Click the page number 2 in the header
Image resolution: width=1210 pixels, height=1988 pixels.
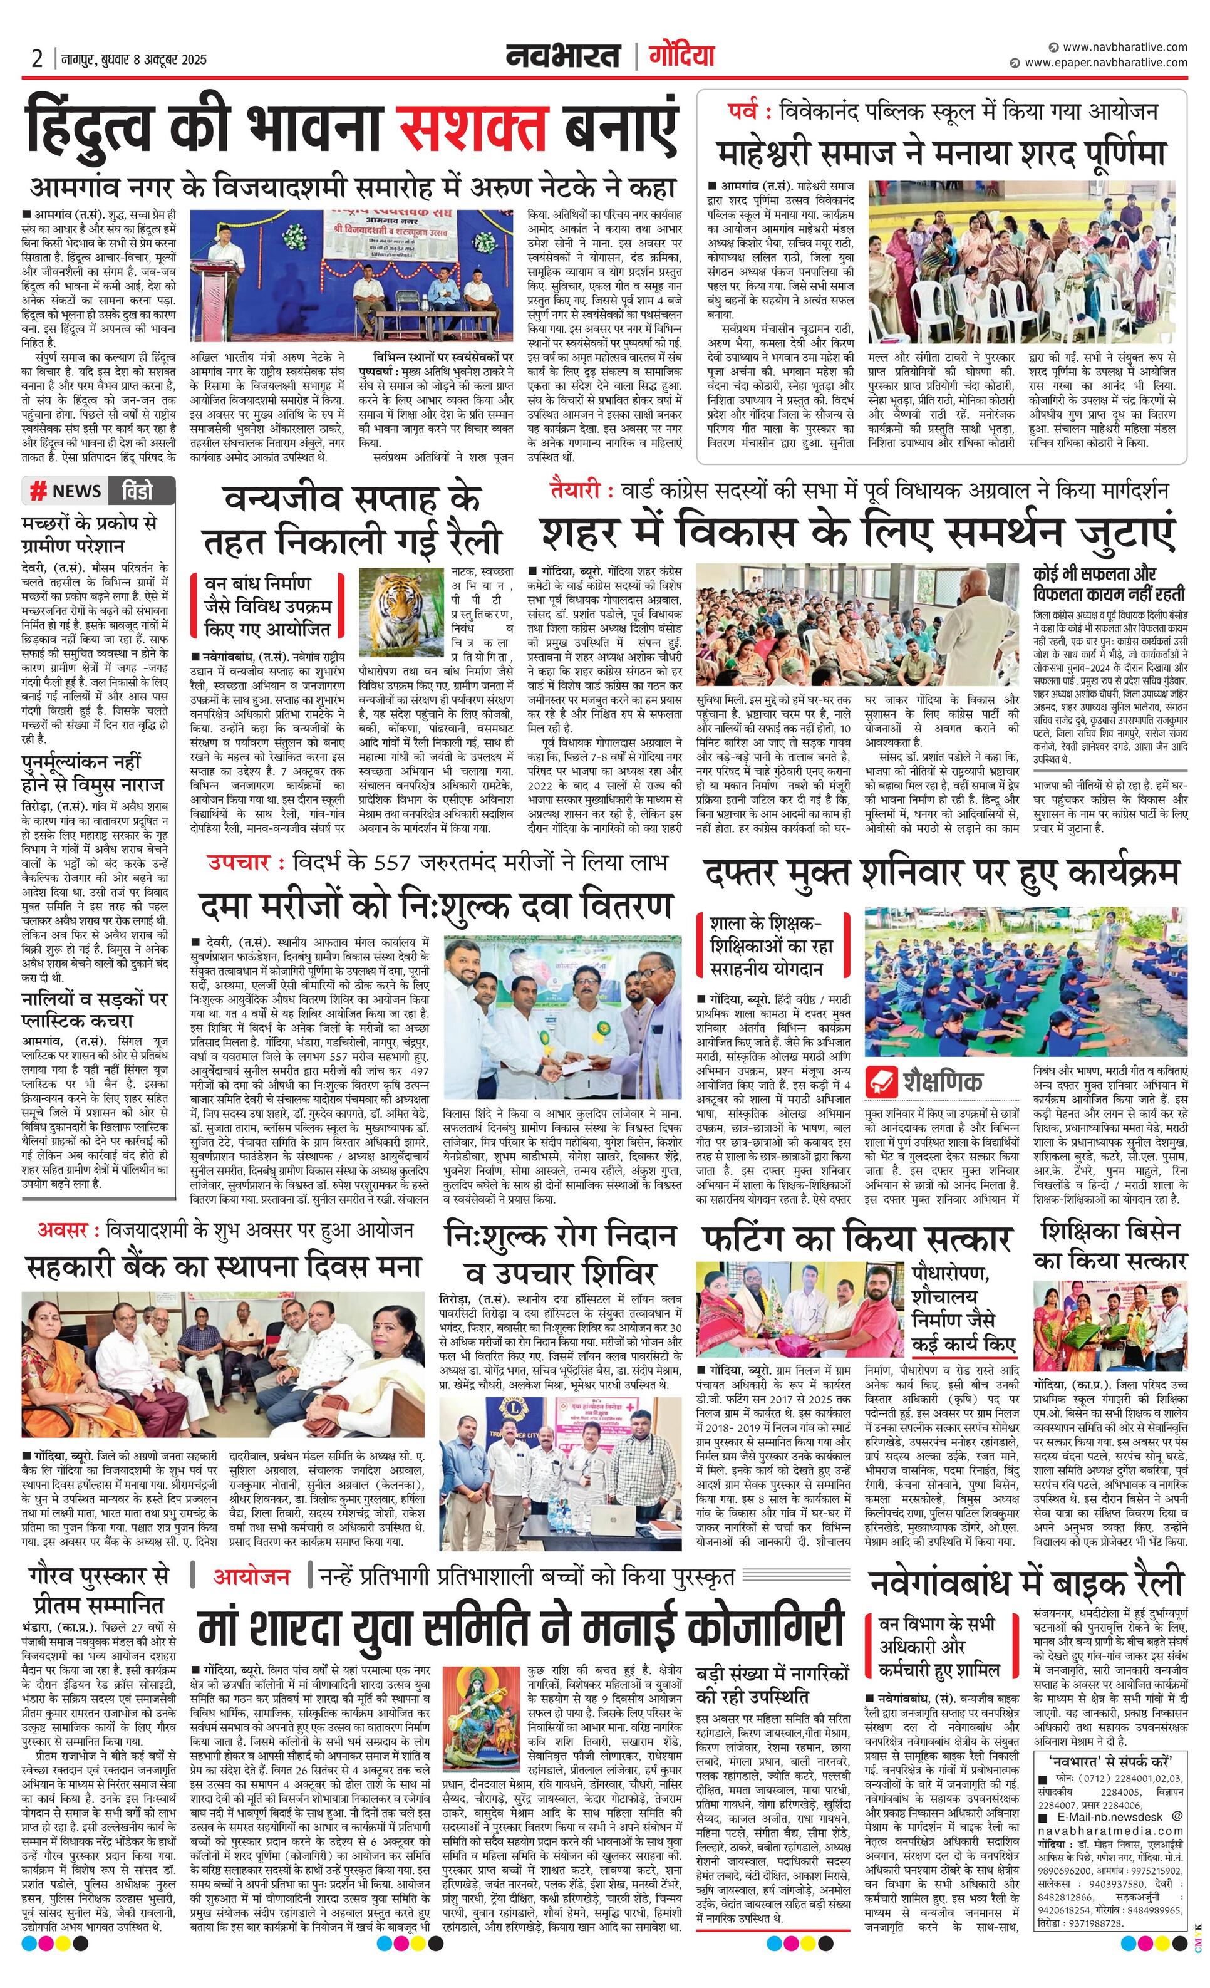coord(36,59)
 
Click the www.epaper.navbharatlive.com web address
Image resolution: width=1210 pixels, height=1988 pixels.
coord(1106,62)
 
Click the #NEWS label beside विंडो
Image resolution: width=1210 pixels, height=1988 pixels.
coord(67,491)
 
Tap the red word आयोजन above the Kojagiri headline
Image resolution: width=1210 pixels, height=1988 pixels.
coord(251,1576)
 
